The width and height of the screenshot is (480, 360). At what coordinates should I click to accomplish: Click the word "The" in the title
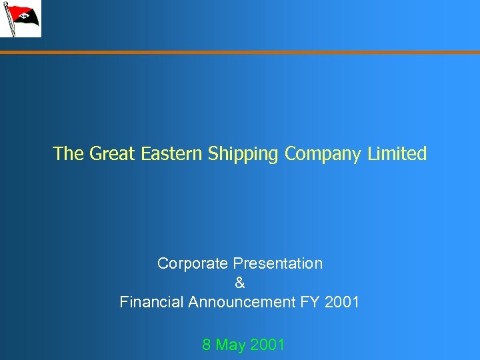(x=68, y=154)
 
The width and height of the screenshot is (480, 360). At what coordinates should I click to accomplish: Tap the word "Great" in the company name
(x=113, y=154)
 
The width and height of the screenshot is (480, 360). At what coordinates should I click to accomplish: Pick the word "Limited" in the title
(x=398, y=154)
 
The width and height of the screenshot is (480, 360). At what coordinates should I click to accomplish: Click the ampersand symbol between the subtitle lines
(x=240, y=283)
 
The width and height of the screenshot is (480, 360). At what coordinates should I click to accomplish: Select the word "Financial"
(x=151, y=302)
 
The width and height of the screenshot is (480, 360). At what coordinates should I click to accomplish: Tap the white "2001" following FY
(x=342, y=302)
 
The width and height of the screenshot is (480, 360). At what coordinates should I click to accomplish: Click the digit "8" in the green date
(x=207, y=345)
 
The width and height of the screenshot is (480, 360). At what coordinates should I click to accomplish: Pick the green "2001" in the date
(x=267, y=345)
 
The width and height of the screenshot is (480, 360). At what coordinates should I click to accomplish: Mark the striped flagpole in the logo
(x=9, y=20)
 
